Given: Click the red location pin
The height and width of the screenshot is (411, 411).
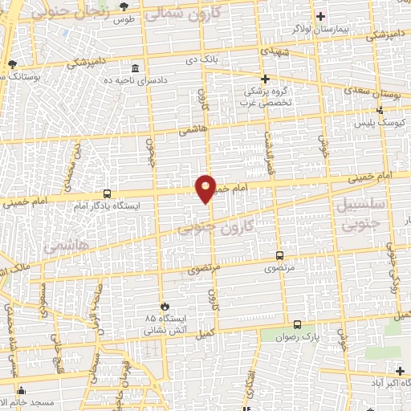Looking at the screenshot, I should click(x=205, y=188).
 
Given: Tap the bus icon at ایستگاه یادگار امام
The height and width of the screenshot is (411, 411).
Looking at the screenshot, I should click(x=107, y=193).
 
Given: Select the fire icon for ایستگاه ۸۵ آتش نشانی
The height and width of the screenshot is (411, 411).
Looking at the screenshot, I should click(x=165, y=306).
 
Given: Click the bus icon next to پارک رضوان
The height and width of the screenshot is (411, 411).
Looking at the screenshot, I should click(x=298, y=324).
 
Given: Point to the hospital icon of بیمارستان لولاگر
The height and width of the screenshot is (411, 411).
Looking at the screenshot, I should click(x=320, y=16).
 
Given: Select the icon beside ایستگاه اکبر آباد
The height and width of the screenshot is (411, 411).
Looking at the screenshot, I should click(x=401, y=370).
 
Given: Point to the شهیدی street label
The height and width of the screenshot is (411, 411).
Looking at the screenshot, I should click(x=264, y=50).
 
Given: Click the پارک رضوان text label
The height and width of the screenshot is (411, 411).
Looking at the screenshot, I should click(x=323, y=338).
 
